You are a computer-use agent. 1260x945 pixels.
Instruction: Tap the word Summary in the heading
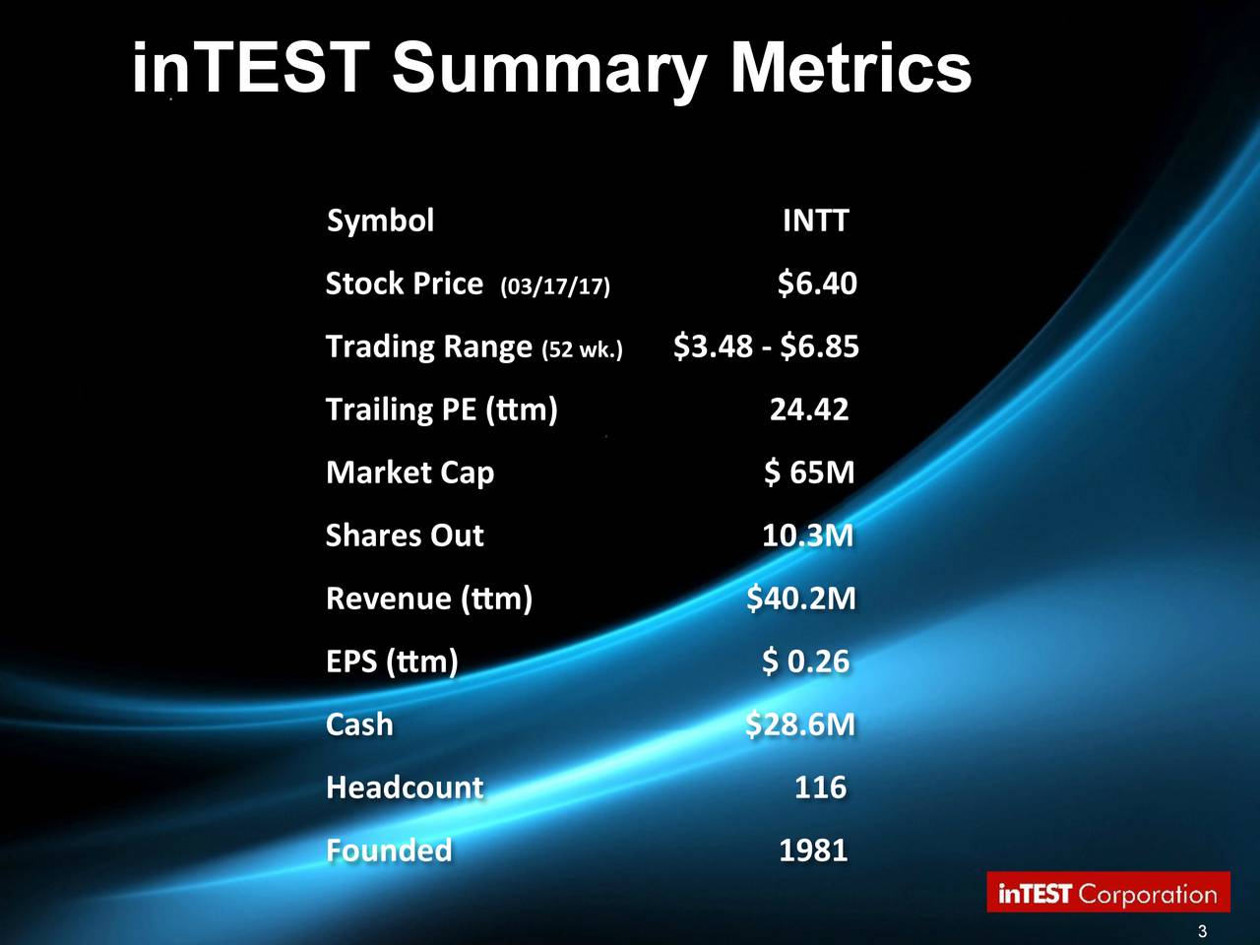click(547, 71)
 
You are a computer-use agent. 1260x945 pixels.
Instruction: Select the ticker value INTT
click(814, 220)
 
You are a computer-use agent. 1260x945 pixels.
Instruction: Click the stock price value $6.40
click(816, 283)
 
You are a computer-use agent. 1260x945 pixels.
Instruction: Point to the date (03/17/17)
click(555, 286)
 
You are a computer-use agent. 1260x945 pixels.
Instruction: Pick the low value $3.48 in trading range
click(713, 346)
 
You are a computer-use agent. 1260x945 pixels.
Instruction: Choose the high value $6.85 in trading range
click(819, 346)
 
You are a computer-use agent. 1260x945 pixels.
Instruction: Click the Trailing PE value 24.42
click(808, 409)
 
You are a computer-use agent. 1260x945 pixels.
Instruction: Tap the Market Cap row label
click(409, 473)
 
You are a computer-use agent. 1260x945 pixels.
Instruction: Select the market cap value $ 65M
click(809, 472)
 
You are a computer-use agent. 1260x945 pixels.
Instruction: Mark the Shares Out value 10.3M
click(807, 535)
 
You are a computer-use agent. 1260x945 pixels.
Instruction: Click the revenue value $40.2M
click(801, 598)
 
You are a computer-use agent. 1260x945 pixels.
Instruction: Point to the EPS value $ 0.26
click(805, 661)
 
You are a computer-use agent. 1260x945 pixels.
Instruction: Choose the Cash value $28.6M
click(800, 724)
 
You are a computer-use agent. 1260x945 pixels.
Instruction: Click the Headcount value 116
click(820, 787)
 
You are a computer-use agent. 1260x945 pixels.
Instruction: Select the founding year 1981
click(812, 850)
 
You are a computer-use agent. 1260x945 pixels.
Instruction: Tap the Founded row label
click(389, 850)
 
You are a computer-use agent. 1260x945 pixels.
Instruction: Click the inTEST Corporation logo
click(1108, 893)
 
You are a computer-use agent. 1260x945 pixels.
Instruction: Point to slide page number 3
click(1202, 933)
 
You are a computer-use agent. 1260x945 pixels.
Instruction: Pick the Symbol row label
click(380, 220)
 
